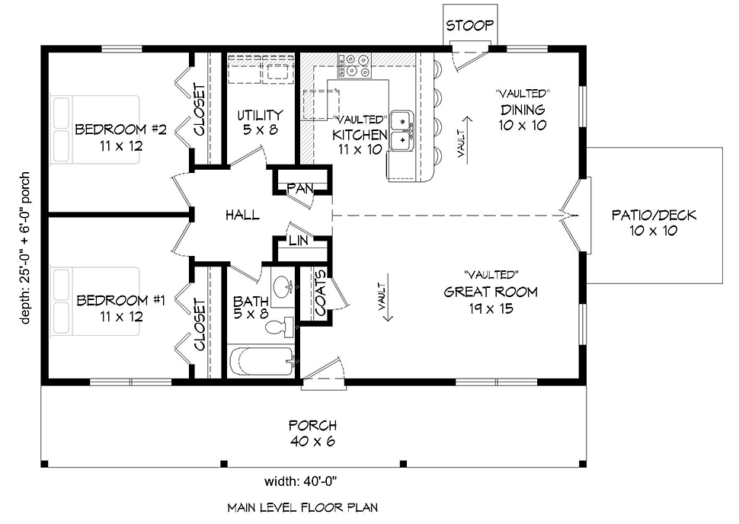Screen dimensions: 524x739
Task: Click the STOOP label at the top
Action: pos(470,25)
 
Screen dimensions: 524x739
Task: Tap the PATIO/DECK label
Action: pos(654,222)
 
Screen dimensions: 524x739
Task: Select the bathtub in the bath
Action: pos(261,359)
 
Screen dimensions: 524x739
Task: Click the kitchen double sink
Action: pos(401,130)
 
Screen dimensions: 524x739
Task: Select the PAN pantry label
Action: pos(298,187)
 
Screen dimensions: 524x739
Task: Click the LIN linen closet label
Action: pos(298,241)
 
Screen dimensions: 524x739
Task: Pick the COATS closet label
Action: pos(319,292)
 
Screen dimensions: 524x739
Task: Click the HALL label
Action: pos(242,216)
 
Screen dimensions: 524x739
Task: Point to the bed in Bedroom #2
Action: pos(94,130)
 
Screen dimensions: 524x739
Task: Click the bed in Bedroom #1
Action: pos(94,302)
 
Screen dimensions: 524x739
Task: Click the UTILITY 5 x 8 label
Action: pos(259,122)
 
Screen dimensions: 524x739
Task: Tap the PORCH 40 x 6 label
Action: pos(312,433)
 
